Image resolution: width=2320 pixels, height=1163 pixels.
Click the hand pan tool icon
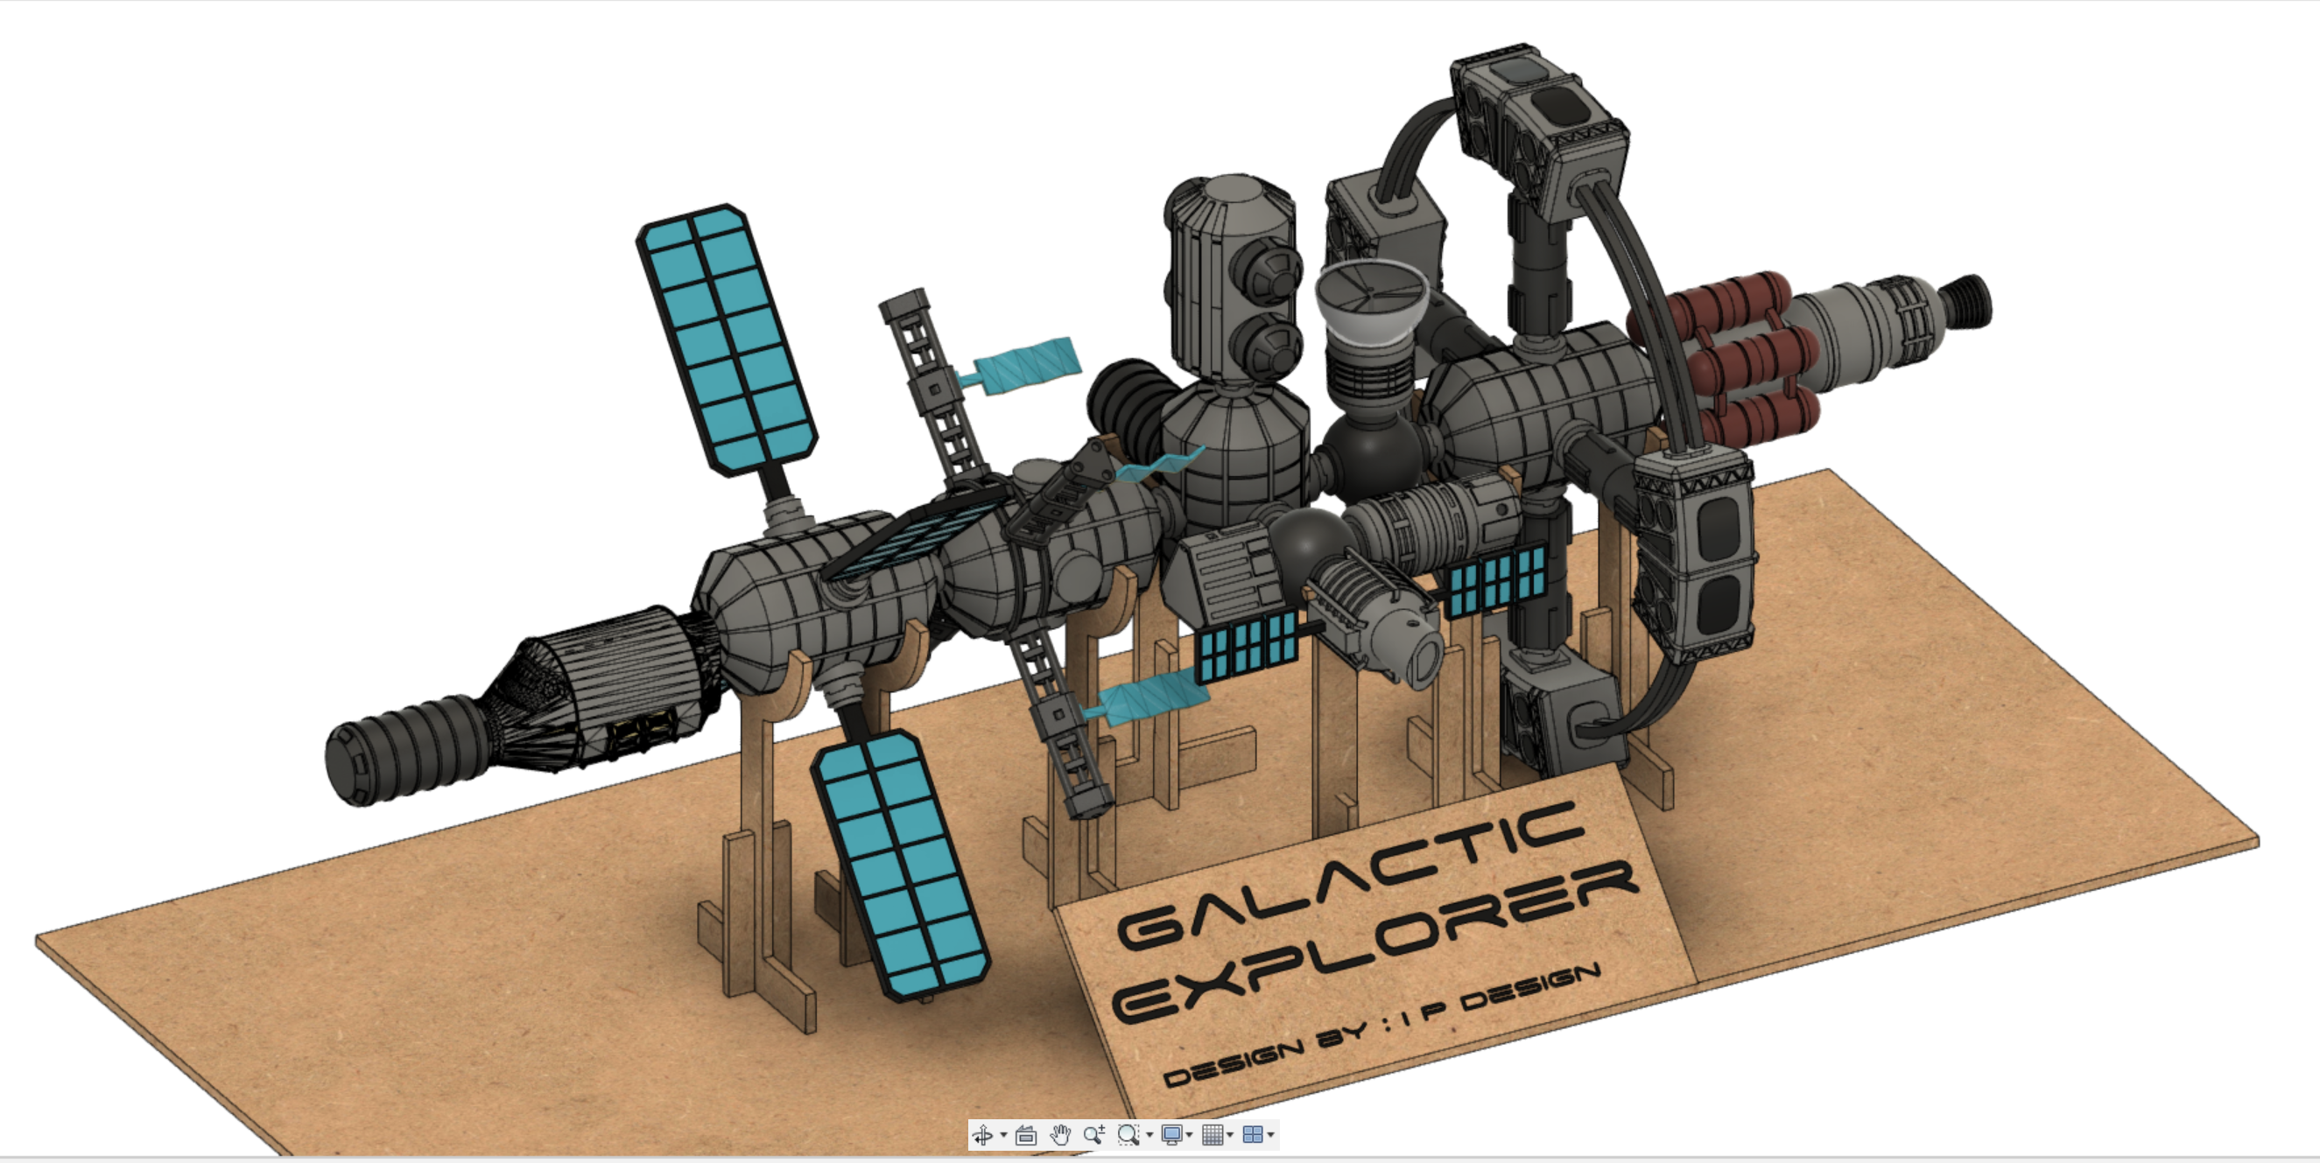coord(1060,1134)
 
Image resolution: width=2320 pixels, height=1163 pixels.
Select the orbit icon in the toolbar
coord(982,1134)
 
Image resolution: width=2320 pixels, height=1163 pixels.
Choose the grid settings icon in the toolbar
coord(1213,1134)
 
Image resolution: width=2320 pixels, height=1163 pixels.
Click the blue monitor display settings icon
coord(1171,1134)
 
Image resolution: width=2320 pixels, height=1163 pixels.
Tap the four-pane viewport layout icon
coord(1252,1134)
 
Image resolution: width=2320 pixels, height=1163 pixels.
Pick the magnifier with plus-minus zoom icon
coord(1094,1134)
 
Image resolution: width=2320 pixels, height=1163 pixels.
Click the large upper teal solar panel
coord(727,340)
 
